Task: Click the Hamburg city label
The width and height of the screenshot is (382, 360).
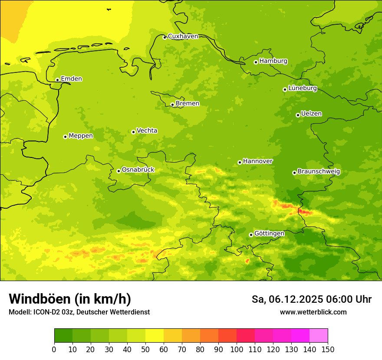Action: tap(273, 61)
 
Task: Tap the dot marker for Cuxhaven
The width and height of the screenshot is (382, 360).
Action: tap(165, 37)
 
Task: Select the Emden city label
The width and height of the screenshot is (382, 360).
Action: tap(71, 79)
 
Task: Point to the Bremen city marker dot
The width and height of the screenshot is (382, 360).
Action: tap(172, 105)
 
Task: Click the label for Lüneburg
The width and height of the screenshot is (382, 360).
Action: tap(303, 88)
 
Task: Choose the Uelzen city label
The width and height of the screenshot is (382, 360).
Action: tap(311, 114)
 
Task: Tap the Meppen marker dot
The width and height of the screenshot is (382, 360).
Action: tap(65, 137)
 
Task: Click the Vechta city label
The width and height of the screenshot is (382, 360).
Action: tap(147, 131)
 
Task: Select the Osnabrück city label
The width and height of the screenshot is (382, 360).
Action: tap(138, 170)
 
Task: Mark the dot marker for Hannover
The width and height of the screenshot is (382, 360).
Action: tap(240, 162)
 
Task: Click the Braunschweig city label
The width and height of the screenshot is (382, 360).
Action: tap(319, 172)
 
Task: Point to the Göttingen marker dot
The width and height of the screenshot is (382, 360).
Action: tap(251, 235)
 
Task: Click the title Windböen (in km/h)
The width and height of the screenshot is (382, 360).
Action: tap(70, 299)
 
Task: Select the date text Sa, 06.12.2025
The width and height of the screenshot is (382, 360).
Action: tap(286, 299)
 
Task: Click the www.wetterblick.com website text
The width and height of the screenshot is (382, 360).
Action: tap(313, 312)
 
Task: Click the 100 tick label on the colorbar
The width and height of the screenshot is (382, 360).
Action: tap(237, 349)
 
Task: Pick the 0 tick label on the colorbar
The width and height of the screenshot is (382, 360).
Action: tap(54, 349)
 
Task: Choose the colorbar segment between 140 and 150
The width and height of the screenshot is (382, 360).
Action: tap(319, 336)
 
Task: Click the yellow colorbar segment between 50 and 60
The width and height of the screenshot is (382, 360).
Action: tap(155, 336)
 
